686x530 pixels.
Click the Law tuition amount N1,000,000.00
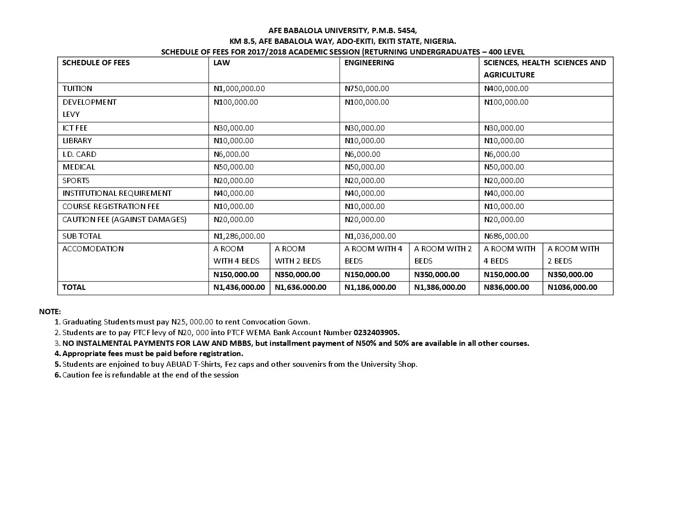click(x=239, y=89)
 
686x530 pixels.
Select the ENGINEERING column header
click(x=369, y=63)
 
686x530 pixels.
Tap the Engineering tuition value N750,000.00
click(x=366, y=89)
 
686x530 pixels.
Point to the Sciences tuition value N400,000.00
click(x=506, y=89)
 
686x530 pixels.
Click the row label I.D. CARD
click(x=79, y=154)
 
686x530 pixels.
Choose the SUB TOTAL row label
click(x=82, y=236)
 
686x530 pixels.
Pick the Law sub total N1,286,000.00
click(x=239, y=236)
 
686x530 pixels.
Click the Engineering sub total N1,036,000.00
click(x=370, y=236)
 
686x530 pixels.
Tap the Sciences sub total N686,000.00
click(x=506, y=236)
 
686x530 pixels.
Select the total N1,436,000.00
click(x=239, y=287)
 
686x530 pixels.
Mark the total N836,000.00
click(x=506, y=287)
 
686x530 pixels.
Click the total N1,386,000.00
click(x=440, y=287)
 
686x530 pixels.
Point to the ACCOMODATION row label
click(x=93, y=249)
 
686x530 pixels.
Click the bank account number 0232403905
click(x=376, y=333)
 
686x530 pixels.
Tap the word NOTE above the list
click(x=50, y=311)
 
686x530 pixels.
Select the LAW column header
click(x=222, y=63)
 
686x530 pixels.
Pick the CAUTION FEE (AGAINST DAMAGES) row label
click(x=124, y=220)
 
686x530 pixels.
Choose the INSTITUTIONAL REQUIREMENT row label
click(x=117, y=193)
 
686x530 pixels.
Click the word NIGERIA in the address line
click(x=439, y=41)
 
